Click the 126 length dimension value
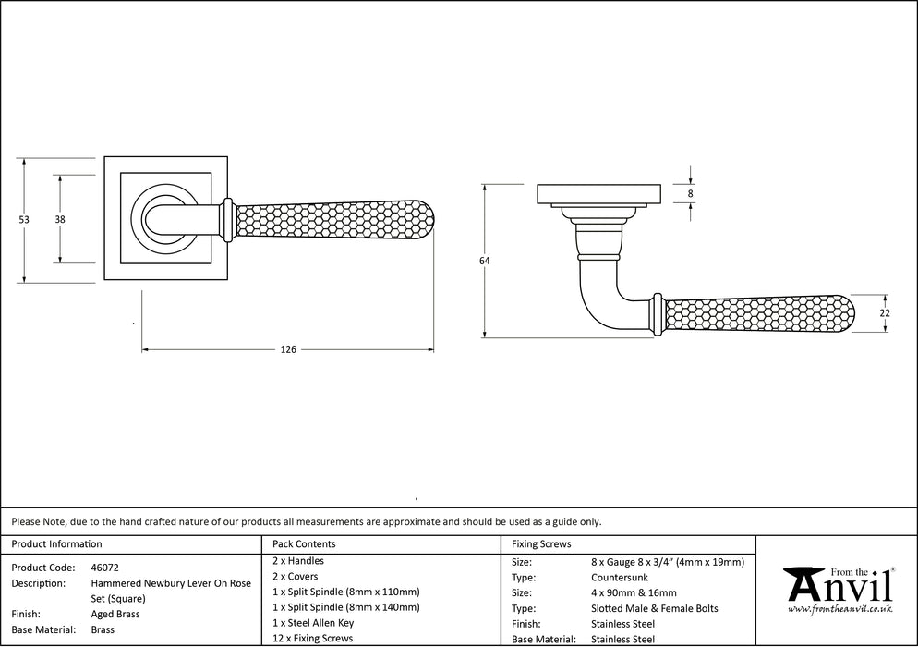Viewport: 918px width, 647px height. coord(288,349)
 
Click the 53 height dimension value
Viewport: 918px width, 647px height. coord(24,219)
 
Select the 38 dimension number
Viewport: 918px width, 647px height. coord(60,219)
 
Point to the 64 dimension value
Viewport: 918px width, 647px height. coord(485,262)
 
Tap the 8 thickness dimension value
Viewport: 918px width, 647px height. coord(690,193)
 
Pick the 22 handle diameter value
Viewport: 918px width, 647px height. coord(884,313)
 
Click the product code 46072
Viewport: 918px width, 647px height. coord(104,568)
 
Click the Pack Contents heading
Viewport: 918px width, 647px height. coord(304,544)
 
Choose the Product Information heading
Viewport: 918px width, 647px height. coord(56,544)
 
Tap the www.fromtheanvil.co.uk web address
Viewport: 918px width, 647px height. coord(839,611)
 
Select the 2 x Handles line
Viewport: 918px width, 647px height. coord(298,561)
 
